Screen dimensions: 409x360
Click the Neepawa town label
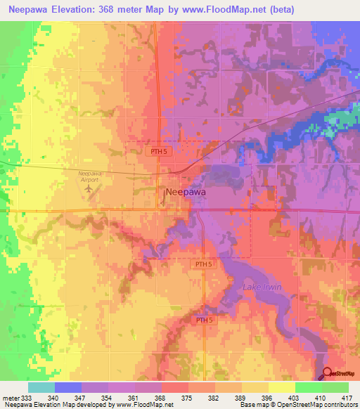pyautogui.click(x=186, y=191)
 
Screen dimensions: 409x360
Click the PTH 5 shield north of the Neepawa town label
pyautogui.click(x=158, y=151)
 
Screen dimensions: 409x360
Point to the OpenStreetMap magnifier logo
pyautogui.click(x=328, y=373)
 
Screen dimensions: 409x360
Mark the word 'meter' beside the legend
pyautogui.click(x=11, y=398)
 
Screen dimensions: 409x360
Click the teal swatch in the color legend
pyautogui.click(x=41, y=387)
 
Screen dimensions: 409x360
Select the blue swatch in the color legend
pyautogui.click(x=67, y=387)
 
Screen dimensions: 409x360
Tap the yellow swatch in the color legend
pyautogui.click(x=281, y=387)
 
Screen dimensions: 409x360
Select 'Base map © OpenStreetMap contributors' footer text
pyautogui.click(x=298, y=405)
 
